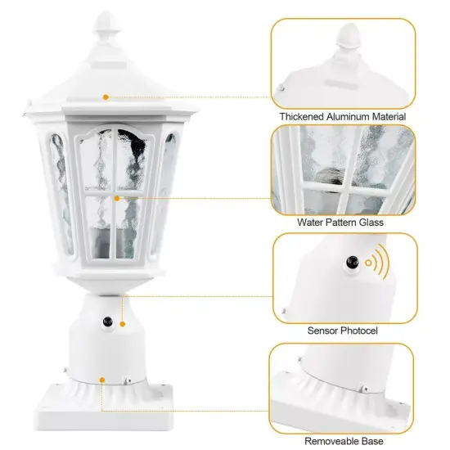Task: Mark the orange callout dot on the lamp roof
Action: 106,97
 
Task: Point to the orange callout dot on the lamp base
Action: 101,379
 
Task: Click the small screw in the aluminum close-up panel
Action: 280,85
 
